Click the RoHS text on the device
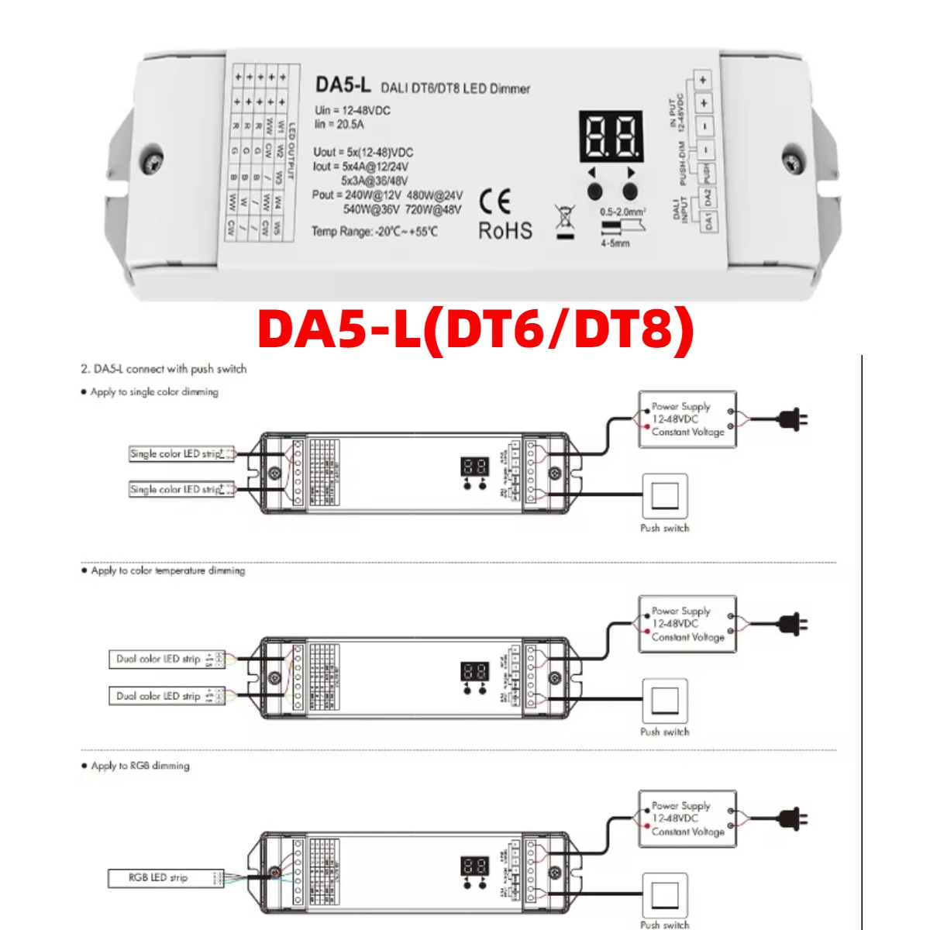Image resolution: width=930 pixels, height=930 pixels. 505,231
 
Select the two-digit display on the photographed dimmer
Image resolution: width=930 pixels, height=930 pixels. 611,136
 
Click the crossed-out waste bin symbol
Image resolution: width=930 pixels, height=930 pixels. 566,221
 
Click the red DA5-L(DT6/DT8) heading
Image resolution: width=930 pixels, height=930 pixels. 475,329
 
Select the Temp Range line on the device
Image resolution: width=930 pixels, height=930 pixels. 374,231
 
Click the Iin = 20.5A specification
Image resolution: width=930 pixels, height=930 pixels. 339,124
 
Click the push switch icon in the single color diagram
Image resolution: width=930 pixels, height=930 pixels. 665,496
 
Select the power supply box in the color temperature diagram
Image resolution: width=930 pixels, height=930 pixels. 687,624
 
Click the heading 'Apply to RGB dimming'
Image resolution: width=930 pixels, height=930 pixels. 139,766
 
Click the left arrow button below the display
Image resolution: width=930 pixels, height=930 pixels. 594,191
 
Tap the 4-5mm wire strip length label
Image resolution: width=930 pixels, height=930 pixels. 615,243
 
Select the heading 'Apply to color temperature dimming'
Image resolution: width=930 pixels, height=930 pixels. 167,570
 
